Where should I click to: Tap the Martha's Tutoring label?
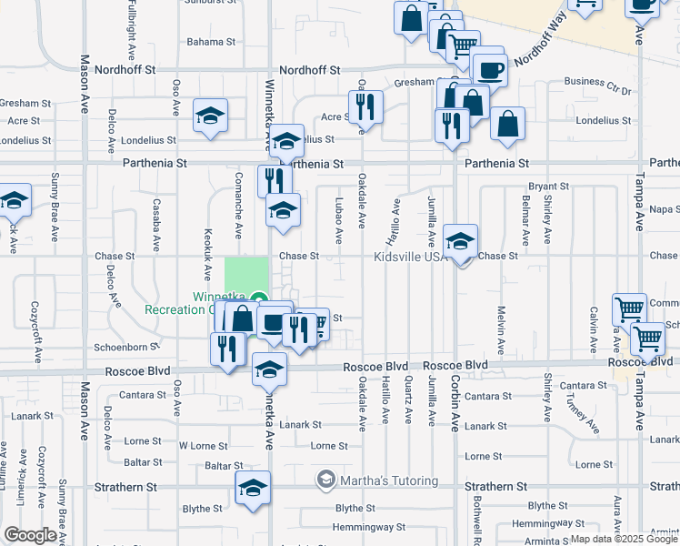388,480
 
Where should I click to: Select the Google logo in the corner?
29,535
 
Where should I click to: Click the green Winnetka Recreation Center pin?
258,298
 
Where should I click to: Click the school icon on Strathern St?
253,488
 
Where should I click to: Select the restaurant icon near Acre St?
366,107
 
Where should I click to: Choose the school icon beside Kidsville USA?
461,241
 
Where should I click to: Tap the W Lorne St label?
203,446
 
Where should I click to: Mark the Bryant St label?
548,186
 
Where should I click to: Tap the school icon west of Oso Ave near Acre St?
210,116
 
